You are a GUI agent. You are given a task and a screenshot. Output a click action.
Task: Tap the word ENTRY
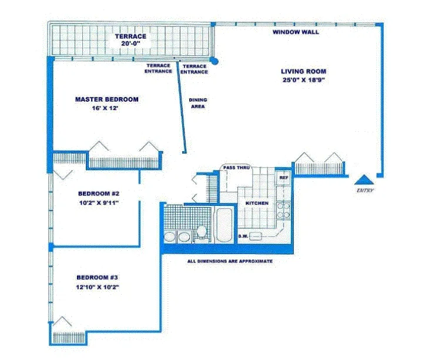pyautogui.click(x=365, y=191)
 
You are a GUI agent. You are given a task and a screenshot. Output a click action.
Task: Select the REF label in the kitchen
pyautogui.click(x=283, y=177)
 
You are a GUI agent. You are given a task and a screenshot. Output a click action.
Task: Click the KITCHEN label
pyautogui.click(x=257, y=203)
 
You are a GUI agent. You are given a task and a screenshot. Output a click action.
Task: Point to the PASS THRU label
pyautogui.click(x=237, y=168)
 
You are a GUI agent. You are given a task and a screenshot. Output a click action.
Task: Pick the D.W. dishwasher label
pyautogui.click(x=244, y=237)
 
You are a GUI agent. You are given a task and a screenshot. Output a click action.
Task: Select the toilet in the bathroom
pyautogui.click(x=201, y=233)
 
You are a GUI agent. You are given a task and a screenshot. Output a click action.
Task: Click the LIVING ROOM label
pyautogui.click(x=303, y=71)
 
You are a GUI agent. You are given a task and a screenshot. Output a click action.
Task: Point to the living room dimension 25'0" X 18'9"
pyautogui.click(x=303, y=81)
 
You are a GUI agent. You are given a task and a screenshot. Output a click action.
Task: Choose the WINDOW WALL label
pyautogui.click(x=296, y=32)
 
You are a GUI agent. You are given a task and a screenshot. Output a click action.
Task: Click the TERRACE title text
pyautogui.click(x=130, y=36)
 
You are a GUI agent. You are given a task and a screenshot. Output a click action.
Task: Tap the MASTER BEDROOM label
pyautogui.click(x=107, y=99)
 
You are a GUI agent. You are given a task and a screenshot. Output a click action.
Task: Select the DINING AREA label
pyautogui.click(x=198, y=104)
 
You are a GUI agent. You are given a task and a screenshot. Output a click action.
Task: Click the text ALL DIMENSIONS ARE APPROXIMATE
pyautogui.click(x=229, y=261)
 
